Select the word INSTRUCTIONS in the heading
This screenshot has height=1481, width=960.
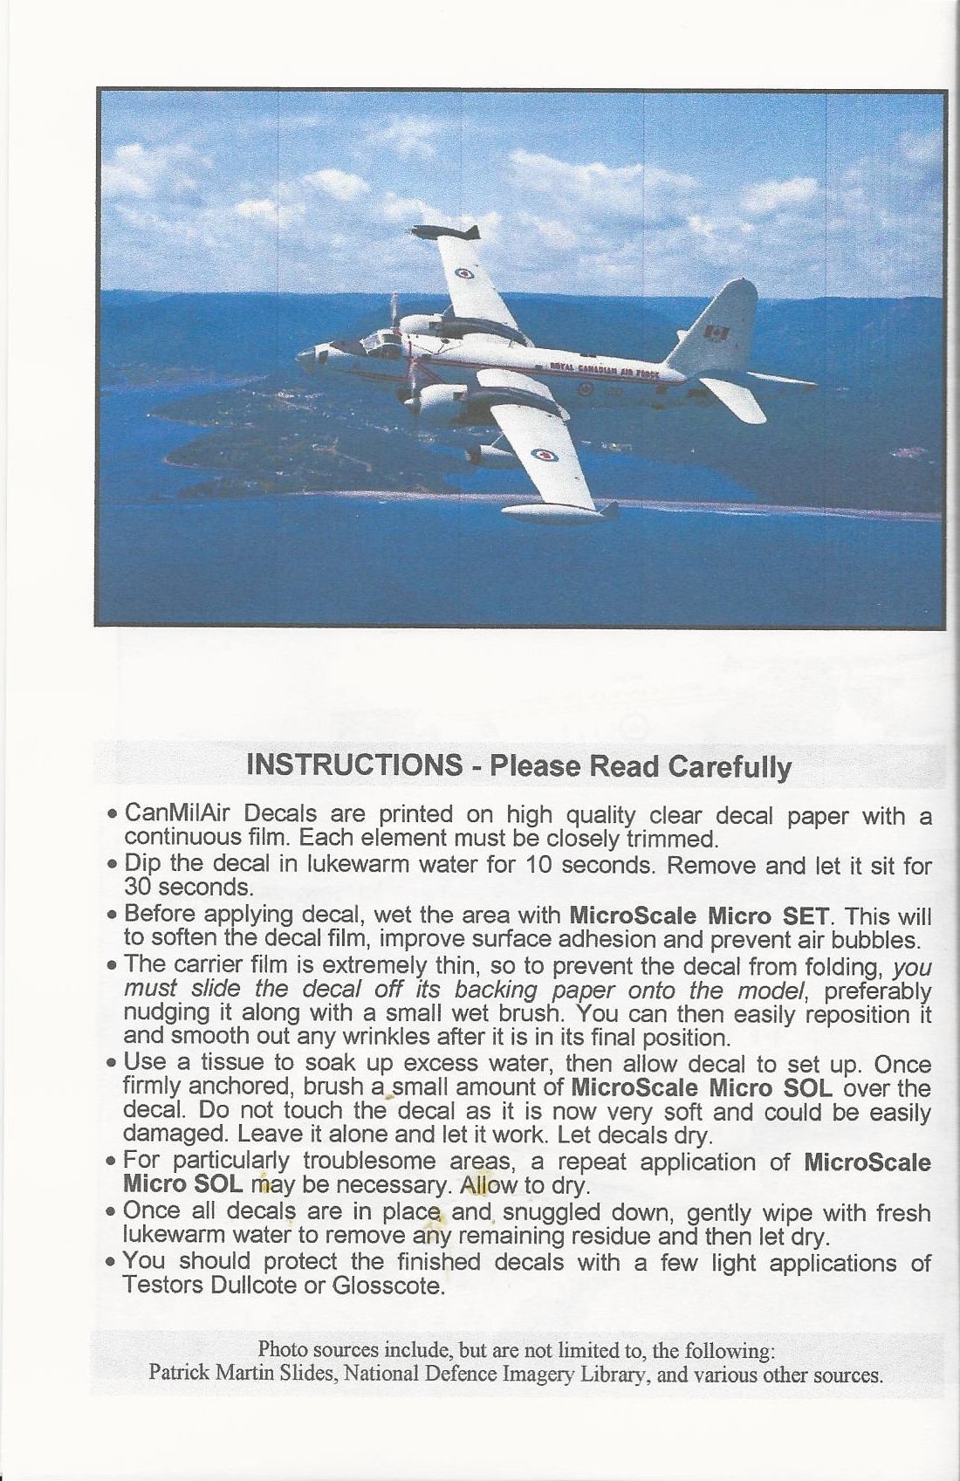click(354, 765)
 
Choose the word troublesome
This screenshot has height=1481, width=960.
click(365, 1162)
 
